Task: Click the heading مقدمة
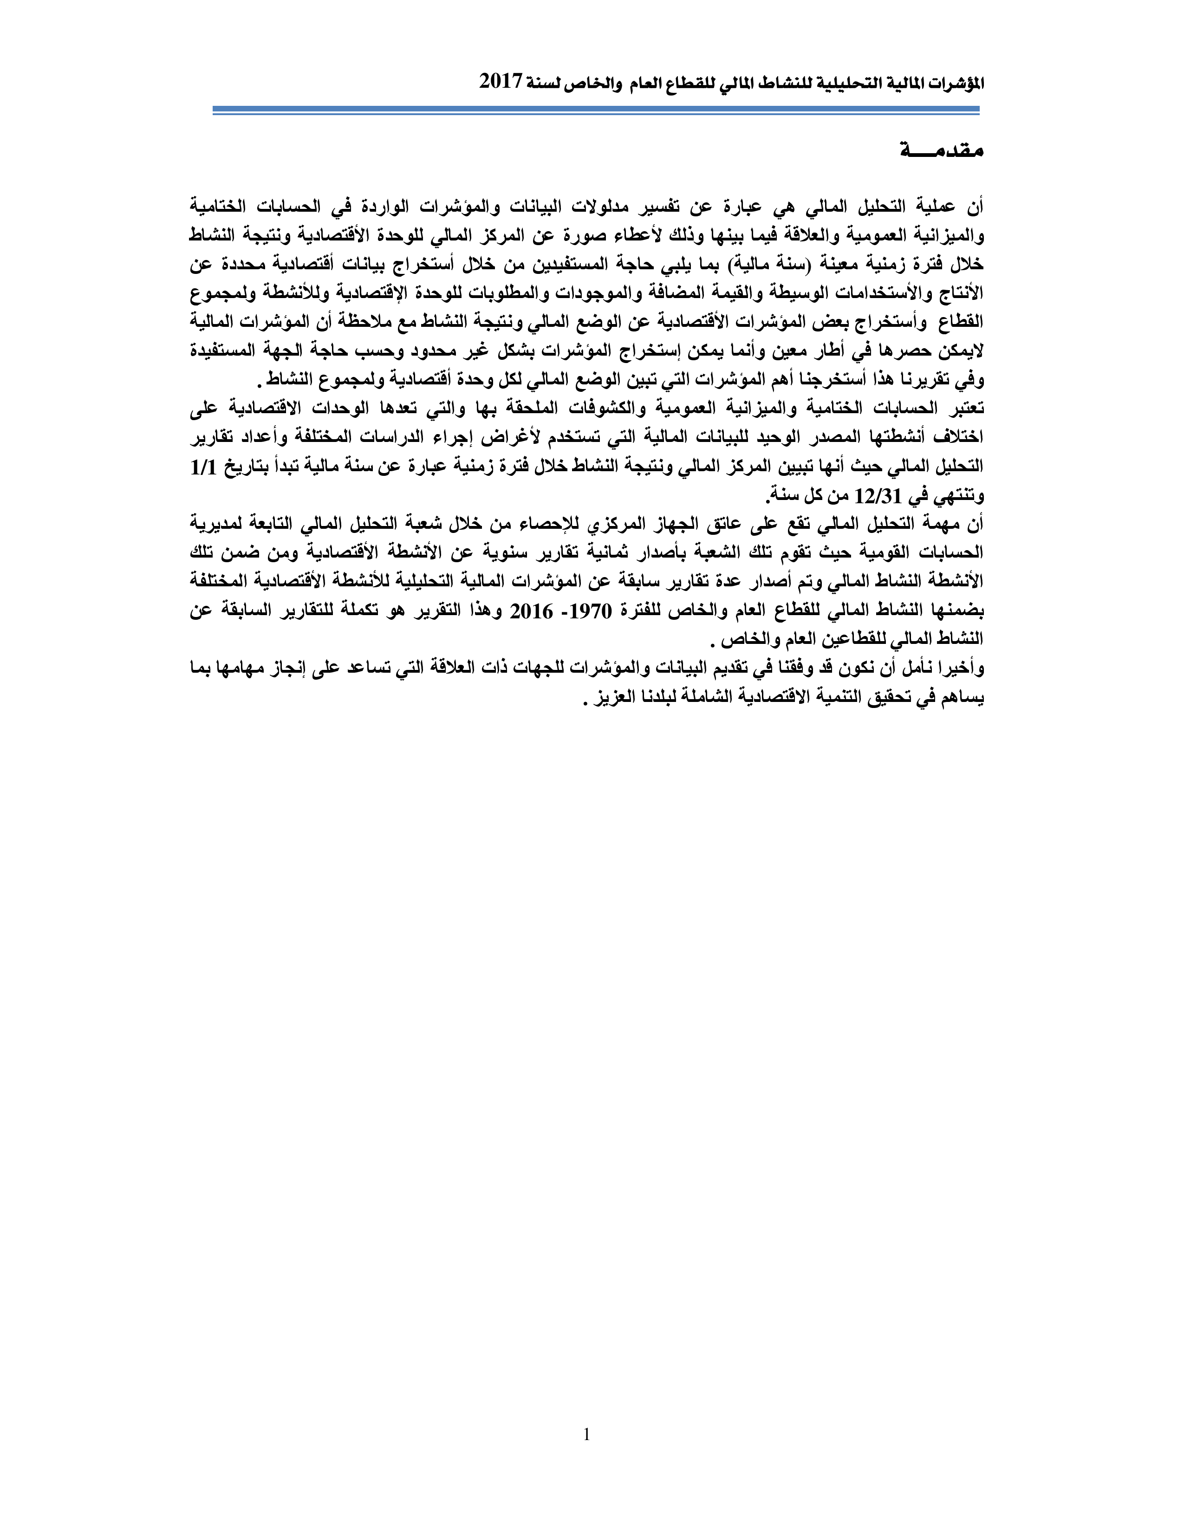coord(942,149)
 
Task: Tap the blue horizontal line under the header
coord(596,110)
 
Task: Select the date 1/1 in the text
coord(203,467)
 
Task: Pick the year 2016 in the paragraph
coord(531,611)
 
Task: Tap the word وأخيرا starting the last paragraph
coord(959,669)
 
